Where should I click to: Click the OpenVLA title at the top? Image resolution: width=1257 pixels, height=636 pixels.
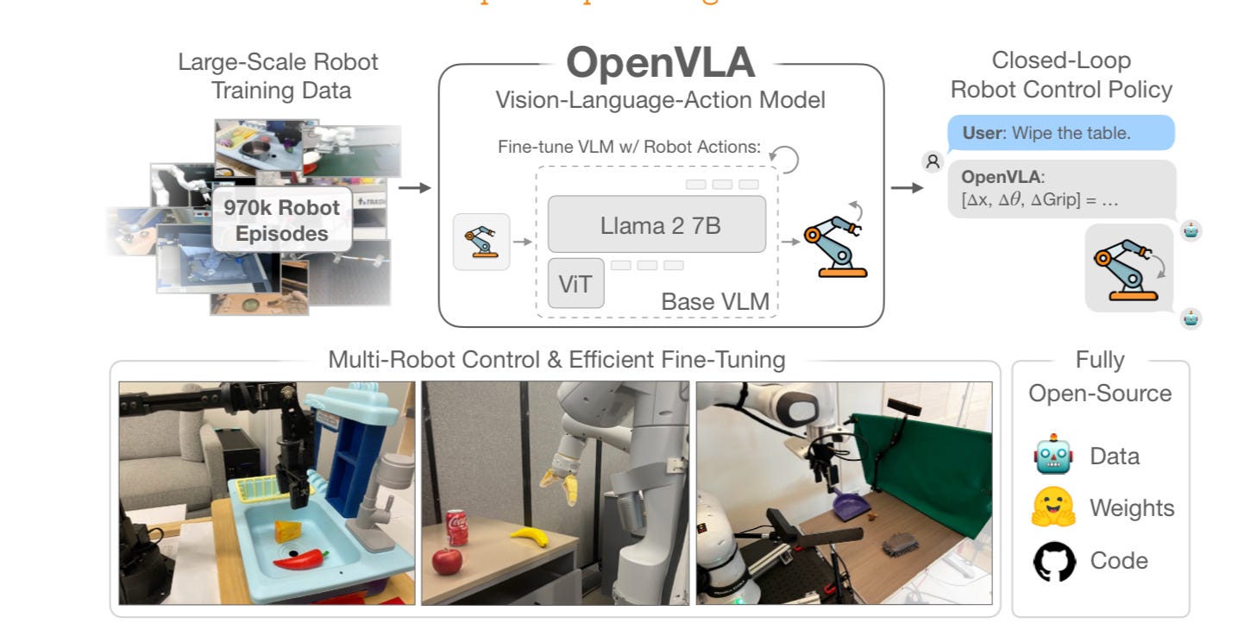(x=660, y=62)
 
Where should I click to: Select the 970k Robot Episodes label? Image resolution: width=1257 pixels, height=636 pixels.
(x=281, y=220)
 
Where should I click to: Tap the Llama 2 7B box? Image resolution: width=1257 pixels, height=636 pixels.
(x=657, y=225)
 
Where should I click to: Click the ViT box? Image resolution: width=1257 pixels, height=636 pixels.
(x=575, y=283)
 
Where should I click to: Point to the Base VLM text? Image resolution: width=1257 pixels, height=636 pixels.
(x=714, y=302)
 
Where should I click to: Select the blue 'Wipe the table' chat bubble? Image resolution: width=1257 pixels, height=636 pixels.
(x=1060, y=134)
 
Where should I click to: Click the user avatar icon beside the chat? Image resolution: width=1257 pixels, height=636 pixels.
(x=933, y=161)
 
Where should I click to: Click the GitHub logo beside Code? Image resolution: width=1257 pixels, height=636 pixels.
(x=1054, y=561)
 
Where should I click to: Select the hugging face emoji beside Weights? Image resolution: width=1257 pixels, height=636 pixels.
(x=1054, y=508)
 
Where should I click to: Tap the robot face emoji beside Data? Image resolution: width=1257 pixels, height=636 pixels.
(x=1053, y=457)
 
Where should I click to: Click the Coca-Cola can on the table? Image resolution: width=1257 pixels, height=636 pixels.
(x=456, y=527)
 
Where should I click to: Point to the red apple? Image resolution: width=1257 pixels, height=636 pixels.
(x=446, y=561)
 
